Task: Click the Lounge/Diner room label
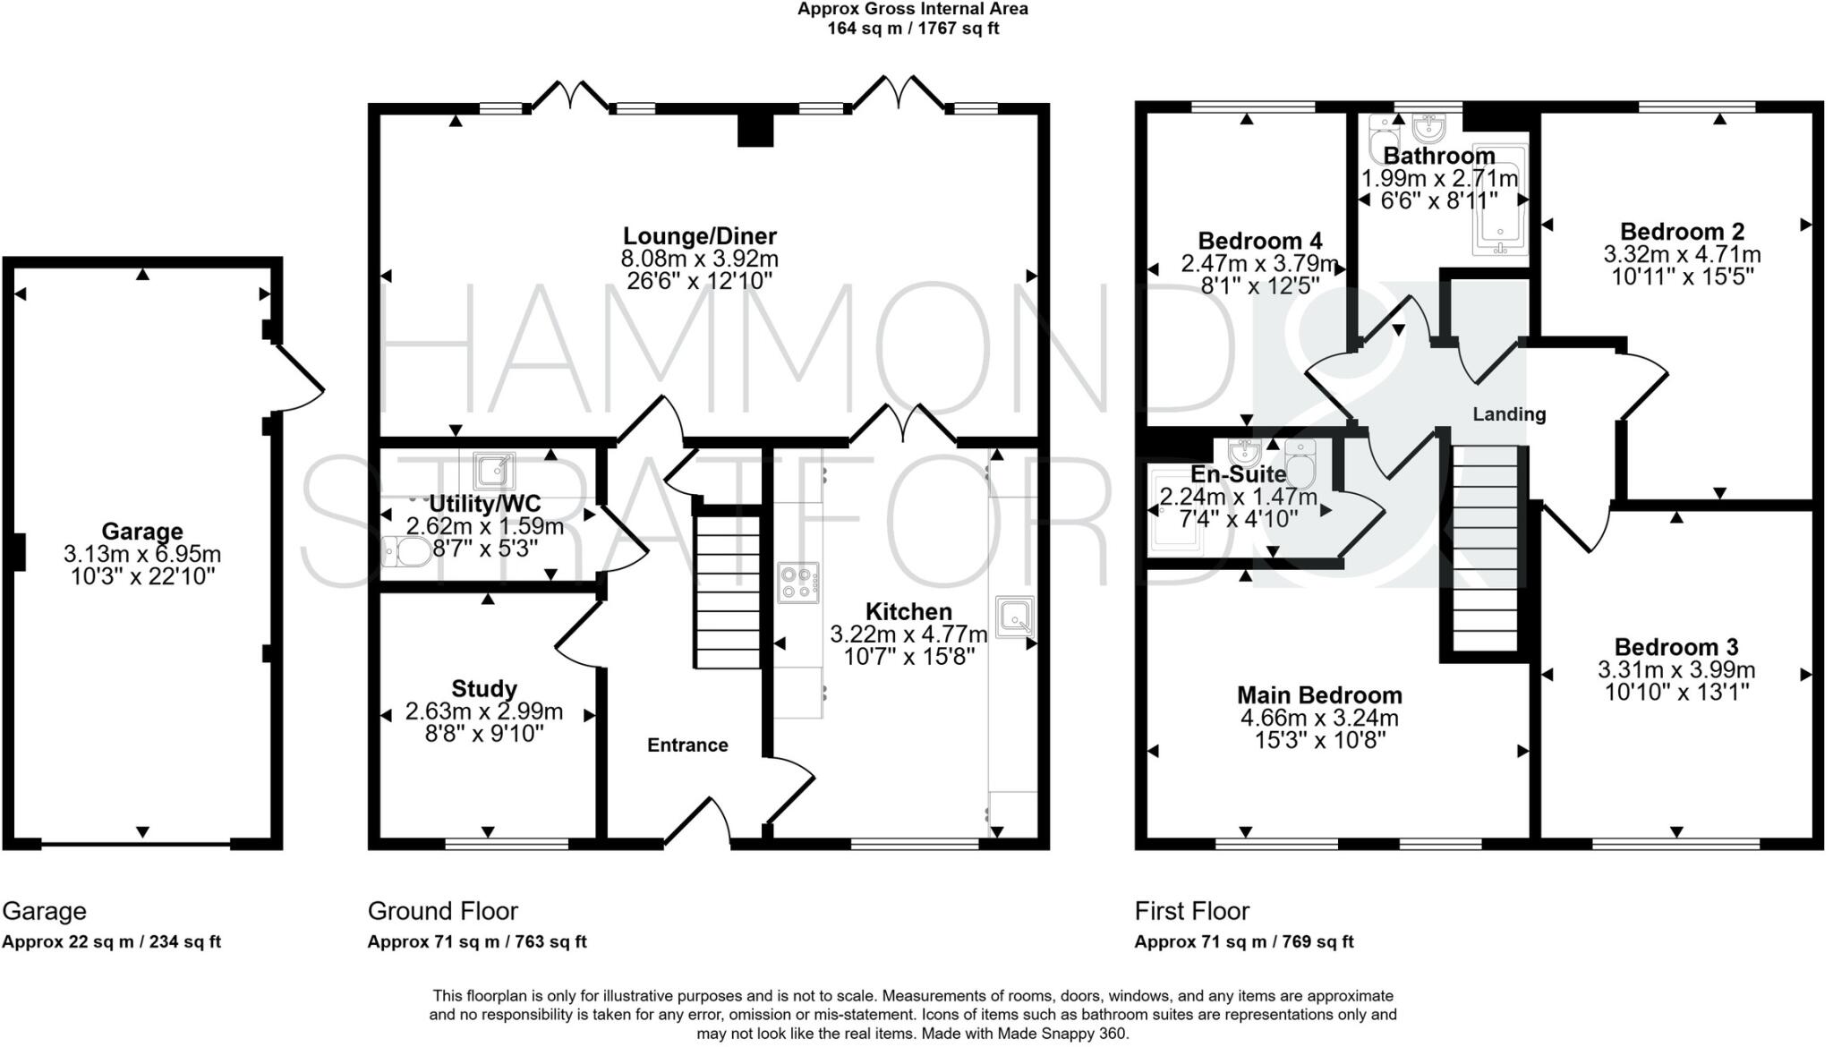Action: click(x=699, y=236)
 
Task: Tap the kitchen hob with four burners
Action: click(x=797, y=582)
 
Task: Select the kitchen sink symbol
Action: click(x=1015, y=616)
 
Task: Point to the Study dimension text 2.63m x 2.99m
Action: click(x=483, y=711)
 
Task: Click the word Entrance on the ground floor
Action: click(x=687, y=745)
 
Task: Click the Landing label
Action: click(x=1509, y=413)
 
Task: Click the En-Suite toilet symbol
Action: click(x=1300, y=462)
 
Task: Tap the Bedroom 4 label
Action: click(x=1259, y=241)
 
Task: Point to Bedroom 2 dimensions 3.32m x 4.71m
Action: click(x=1682, y=254)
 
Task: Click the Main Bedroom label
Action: click(x=1319, y=694)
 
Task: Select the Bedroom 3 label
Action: click(x=1675, y=646)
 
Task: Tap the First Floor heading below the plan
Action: click(x=1191, y=911)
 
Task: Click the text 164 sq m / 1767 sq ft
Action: click(x=912, y=29)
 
